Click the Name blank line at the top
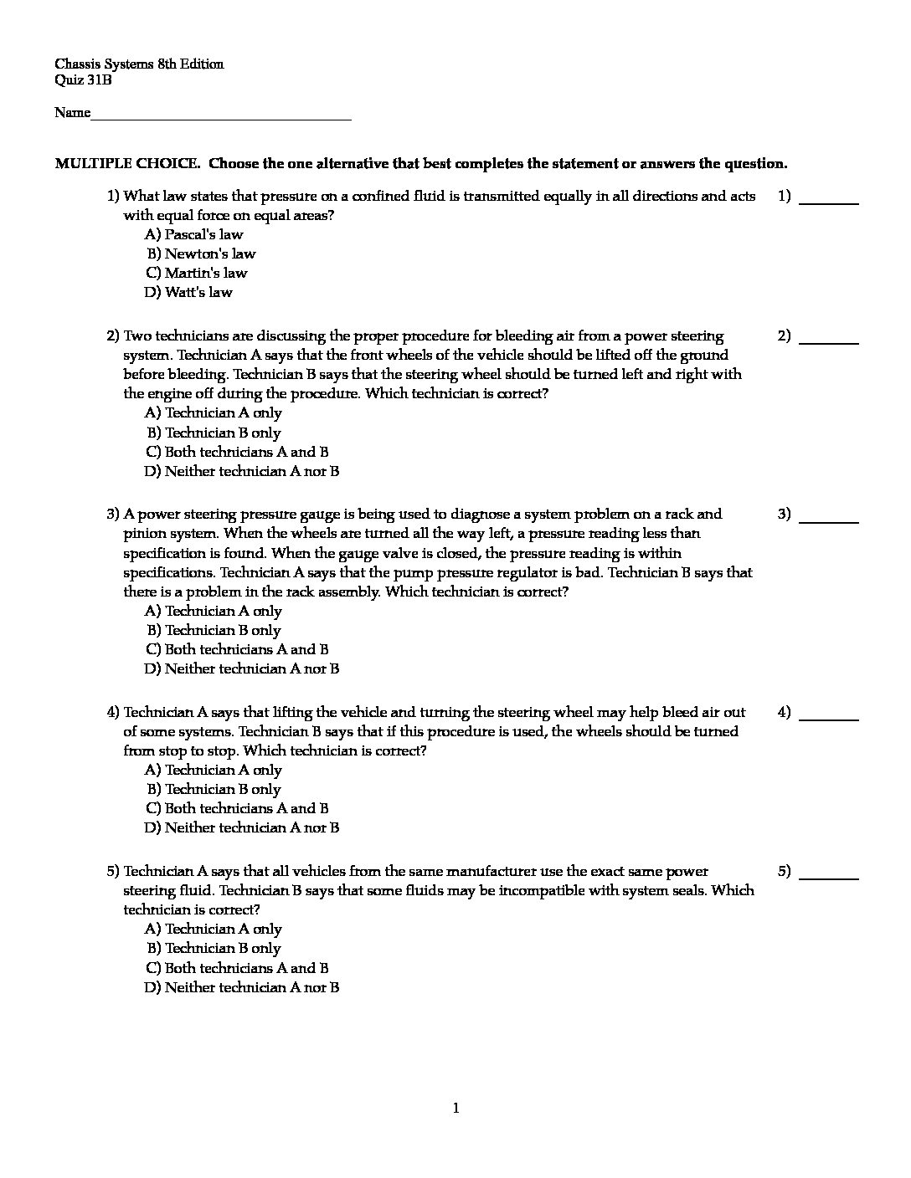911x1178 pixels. click(x=221, y=117)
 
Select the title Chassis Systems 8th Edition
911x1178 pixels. click(x=139, y=64)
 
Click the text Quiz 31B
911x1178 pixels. click(x=83, y=80)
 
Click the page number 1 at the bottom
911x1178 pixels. click(x=455, y=1109)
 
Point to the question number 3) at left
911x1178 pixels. click(x=113, y=515)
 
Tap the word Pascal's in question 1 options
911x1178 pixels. click(x=190, y=235)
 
